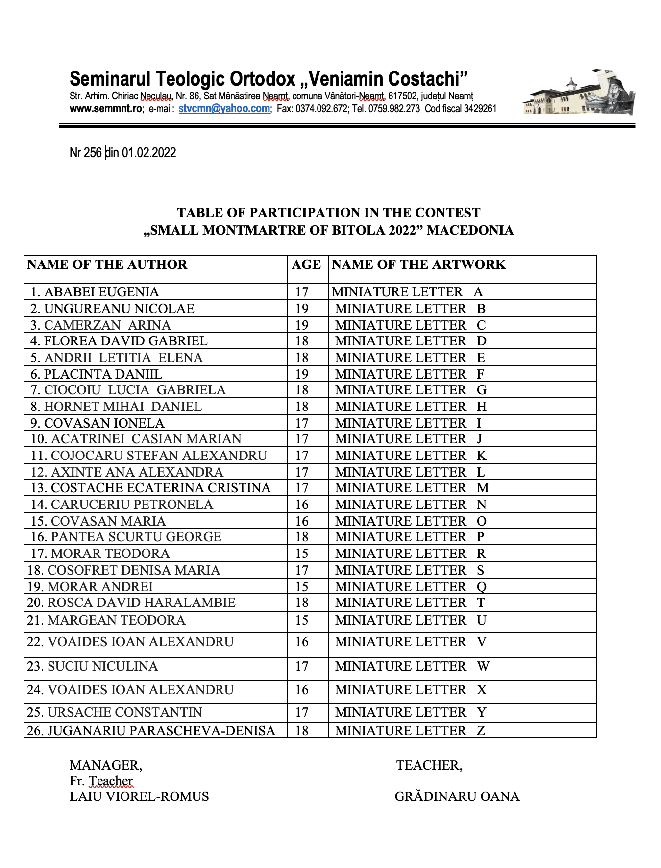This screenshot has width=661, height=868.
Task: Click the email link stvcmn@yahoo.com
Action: (x=224, y=109)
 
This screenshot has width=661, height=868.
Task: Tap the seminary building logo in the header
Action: (x=578, y=93)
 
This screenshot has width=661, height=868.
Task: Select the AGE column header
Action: (x=306, y=265)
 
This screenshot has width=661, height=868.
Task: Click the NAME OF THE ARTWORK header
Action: (x=418, y=265)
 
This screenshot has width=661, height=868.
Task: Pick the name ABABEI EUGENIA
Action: (x=101, y=292)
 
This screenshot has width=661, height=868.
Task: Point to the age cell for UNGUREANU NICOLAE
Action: (x=302, y=309)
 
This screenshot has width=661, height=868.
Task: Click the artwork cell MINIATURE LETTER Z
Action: (x=410, y=731)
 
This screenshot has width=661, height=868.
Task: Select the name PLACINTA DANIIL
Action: (x=103, y=374)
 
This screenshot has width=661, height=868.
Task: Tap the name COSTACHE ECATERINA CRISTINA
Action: (x=160, y=488)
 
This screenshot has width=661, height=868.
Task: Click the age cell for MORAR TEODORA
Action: (x=302, y=554)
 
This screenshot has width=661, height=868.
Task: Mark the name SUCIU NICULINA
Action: (x=102, y=666)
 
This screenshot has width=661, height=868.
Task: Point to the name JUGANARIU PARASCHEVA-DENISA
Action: (x=161, y=731)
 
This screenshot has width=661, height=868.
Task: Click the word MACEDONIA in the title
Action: (x=470, y=230)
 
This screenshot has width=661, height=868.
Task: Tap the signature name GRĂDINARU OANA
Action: (x=457, y=796)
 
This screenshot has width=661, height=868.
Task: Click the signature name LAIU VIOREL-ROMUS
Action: (x=139, y=796)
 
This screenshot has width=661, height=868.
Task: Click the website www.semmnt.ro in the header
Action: (x=105, y=109)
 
